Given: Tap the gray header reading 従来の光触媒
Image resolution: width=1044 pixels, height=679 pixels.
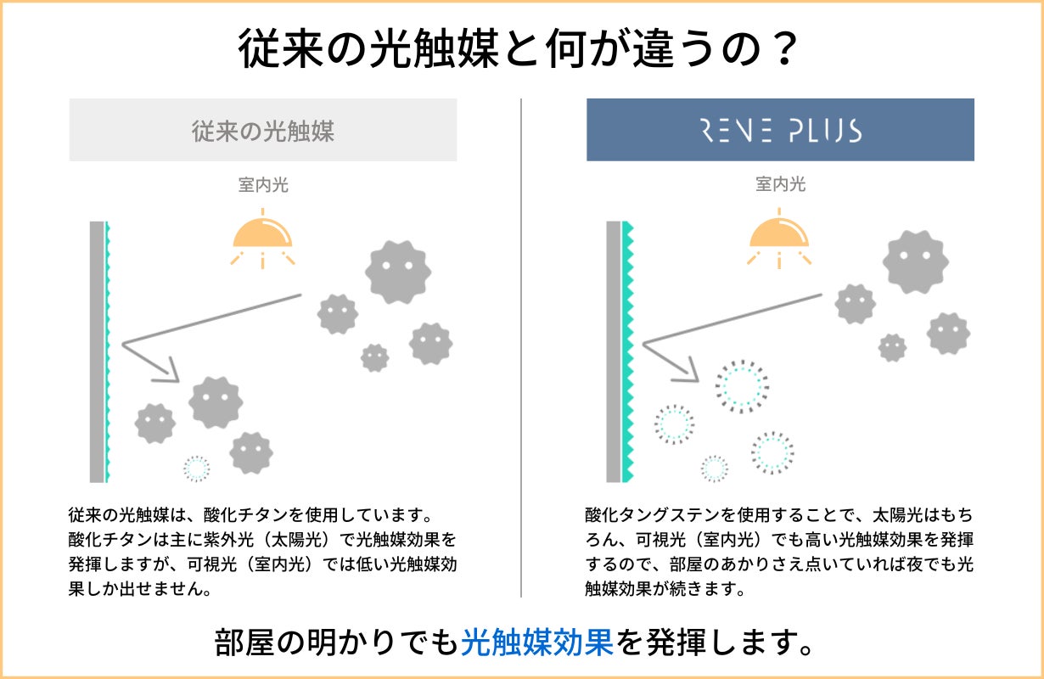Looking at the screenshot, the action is click(263, 131).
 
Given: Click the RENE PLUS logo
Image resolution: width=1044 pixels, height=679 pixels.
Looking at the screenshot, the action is click(780, 131).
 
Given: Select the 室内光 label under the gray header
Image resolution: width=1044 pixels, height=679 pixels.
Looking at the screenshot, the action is click(263, 184).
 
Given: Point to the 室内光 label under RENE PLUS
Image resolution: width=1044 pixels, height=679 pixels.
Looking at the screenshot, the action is click(780, 184).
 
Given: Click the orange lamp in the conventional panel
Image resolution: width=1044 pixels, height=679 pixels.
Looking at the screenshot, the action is click(263, 233).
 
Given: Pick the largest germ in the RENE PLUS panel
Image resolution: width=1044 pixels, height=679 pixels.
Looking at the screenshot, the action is click(915, 262).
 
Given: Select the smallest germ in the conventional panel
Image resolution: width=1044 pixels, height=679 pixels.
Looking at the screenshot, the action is click(374, 357).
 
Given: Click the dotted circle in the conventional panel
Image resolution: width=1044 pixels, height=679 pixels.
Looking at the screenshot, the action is click(197, 468).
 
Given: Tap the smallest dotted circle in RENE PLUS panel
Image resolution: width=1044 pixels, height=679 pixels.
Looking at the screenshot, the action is click(715, 468).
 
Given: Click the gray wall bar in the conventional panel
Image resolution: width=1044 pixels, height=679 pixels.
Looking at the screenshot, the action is click(97, 351).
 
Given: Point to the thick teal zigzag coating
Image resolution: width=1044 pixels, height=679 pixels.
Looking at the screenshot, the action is click(628, 351).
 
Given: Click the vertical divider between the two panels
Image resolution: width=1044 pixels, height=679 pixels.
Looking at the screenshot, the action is click(521, 348).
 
